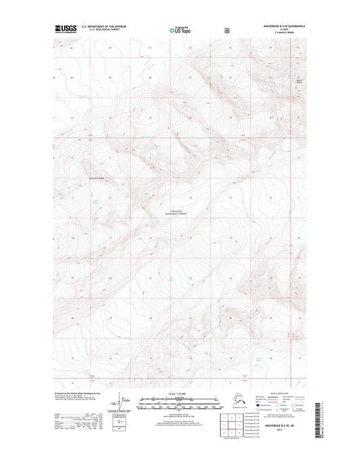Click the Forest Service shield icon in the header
(215, 30)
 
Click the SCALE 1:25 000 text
(179, 393)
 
